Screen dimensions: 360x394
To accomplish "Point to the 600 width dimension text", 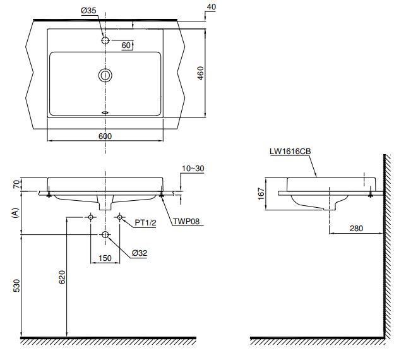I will [x=105, y=136].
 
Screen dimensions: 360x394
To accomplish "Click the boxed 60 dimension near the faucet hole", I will [x=126, y=45].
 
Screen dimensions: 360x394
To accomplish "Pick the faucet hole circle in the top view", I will [x=105, y=40].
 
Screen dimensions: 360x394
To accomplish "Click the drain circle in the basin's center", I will [x=105, y=75].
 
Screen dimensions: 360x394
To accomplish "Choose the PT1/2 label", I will [x=145, y=223].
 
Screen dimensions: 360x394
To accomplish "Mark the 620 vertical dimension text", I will [x=61, y=276].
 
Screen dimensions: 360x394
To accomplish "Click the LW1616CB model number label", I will [x=289, y=152].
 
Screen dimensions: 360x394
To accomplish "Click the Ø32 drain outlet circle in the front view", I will [x=105, y=236].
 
